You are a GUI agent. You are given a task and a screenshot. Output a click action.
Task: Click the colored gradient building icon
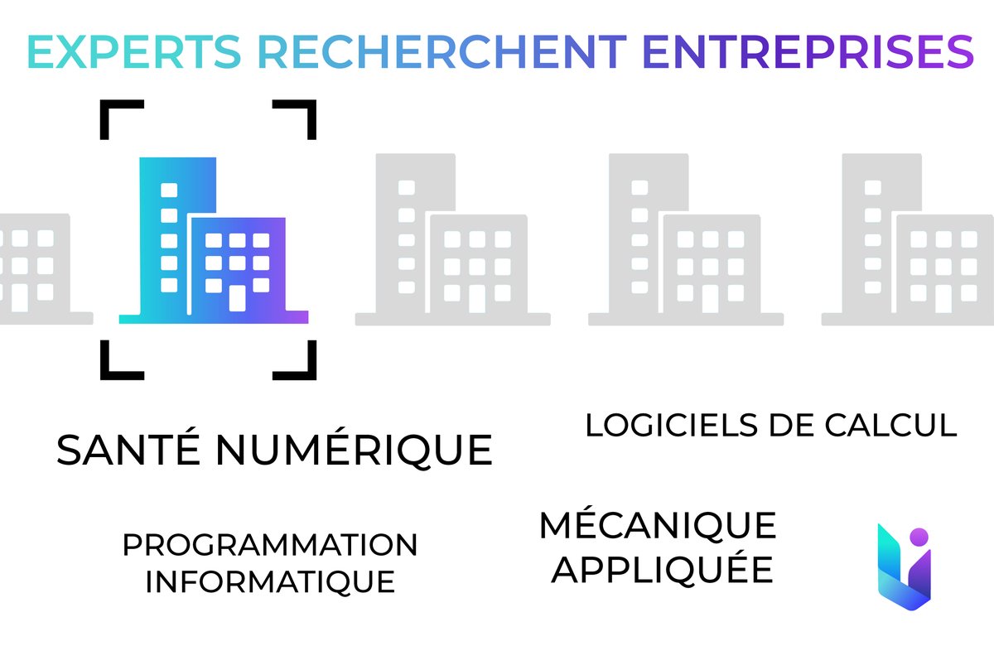coord(214,240)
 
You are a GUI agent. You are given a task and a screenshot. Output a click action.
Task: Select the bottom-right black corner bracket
coord(299,365)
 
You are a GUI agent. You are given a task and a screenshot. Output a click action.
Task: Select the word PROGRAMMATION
coord(270,545)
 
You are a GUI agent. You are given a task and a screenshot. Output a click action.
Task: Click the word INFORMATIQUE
coord(270,581)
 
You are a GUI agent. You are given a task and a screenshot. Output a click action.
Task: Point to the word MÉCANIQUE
coord(658,524)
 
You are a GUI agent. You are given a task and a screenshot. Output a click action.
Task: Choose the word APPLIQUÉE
coord(663,570)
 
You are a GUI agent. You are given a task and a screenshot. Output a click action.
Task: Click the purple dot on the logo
coord(918,536)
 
